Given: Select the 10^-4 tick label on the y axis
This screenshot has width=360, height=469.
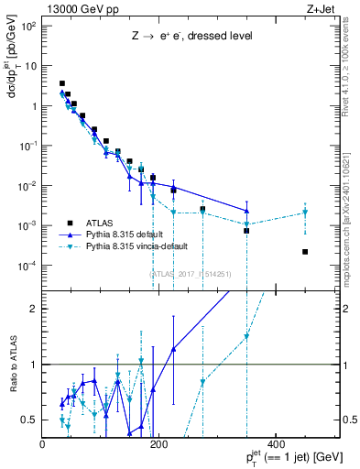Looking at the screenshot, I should [27, 266].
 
